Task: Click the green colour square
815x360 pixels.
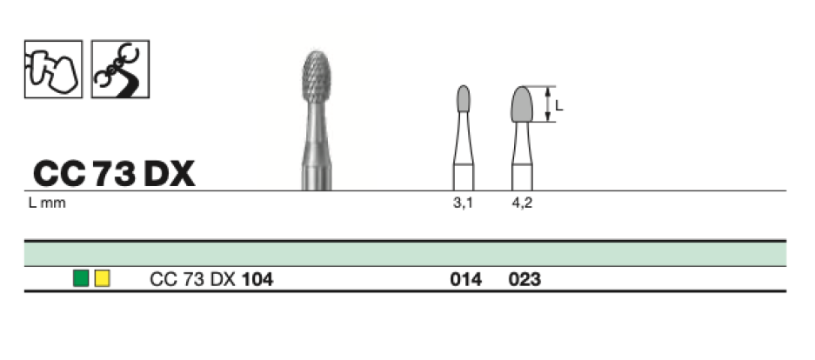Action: point(81,279)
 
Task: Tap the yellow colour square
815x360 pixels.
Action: point(103,279)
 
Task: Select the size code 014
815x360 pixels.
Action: point(465,280)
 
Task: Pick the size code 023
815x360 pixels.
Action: point(524,280)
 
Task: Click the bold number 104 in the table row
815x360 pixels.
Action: point(257,280)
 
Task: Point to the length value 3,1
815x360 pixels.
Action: point(463,203)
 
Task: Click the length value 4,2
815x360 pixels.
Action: point(522,203)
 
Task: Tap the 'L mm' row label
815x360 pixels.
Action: point(47,203)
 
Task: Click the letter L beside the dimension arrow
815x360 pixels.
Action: point(559,105)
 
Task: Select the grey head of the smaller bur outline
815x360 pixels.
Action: point(464,99)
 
